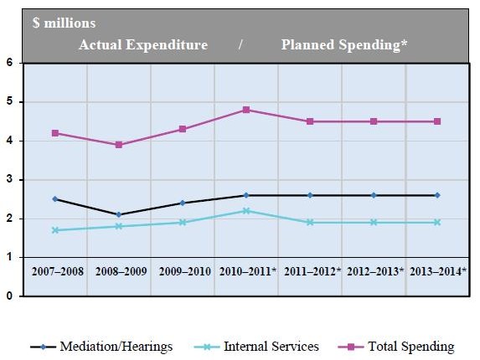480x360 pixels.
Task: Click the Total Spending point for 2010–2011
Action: [246, 110]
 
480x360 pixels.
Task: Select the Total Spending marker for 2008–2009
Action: [119, 145]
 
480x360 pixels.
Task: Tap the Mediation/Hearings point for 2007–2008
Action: [55, 199]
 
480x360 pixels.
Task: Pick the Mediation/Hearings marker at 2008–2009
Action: [119, 214]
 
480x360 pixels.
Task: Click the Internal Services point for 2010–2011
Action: [246, 211]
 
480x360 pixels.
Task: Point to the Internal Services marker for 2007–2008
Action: [55, 230]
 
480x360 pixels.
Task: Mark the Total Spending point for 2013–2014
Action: [437, 121]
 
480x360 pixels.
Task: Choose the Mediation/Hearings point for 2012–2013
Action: [374, 195]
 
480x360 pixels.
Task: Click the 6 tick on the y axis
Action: [8, 63]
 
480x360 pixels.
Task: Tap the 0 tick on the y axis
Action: [8, 296]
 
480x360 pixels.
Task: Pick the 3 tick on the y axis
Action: [8, 180]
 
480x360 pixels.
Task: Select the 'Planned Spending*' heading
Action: [344, 45]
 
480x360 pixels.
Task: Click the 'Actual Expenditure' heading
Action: [143, 45]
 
